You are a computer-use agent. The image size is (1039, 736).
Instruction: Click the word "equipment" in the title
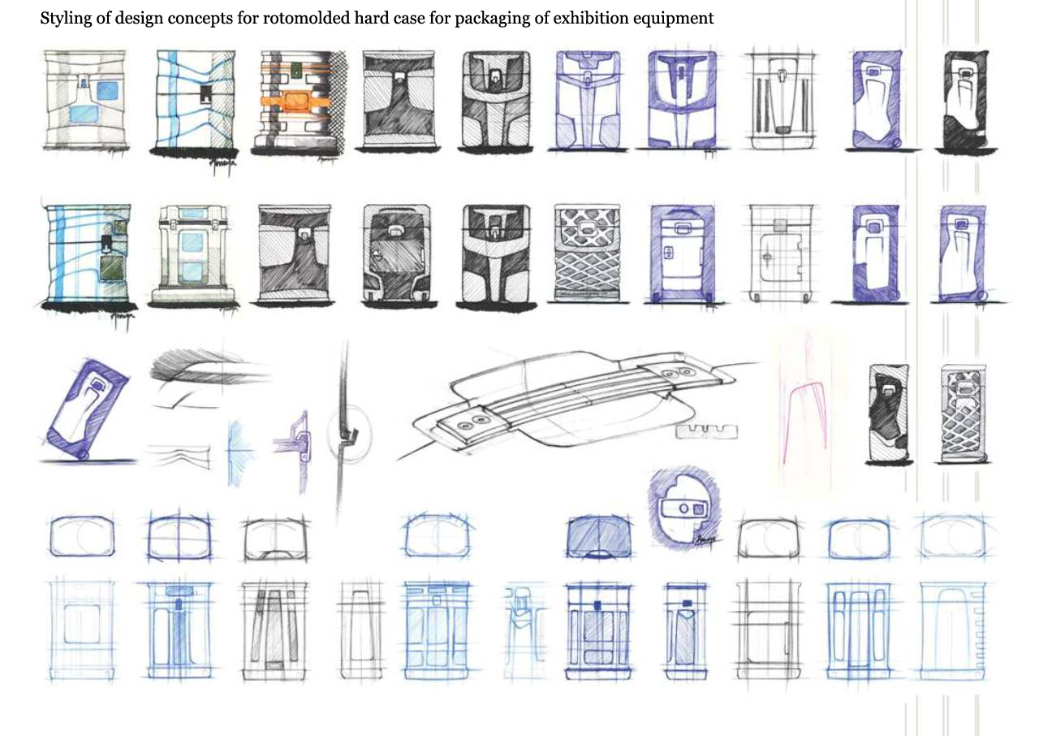[677, 18]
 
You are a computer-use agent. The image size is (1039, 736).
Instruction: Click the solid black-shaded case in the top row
[967, 100]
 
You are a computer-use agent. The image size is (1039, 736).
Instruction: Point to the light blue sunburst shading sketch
[237, 444]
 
